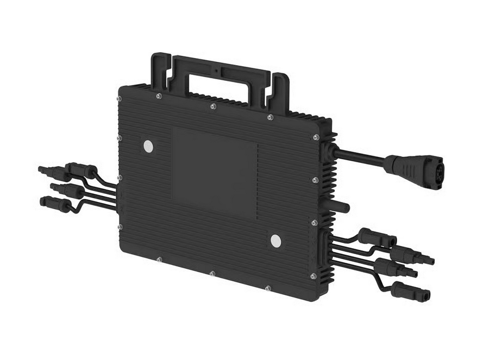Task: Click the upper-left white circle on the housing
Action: point(148,146)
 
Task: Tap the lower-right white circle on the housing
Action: point(276,241)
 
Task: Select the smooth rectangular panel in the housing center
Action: point(215,172)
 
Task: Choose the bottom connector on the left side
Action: point(57,203)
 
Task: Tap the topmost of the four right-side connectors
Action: point(375,237)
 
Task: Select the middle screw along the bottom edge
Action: point(211,273)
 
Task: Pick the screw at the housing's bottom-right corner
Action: point(313,276)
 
